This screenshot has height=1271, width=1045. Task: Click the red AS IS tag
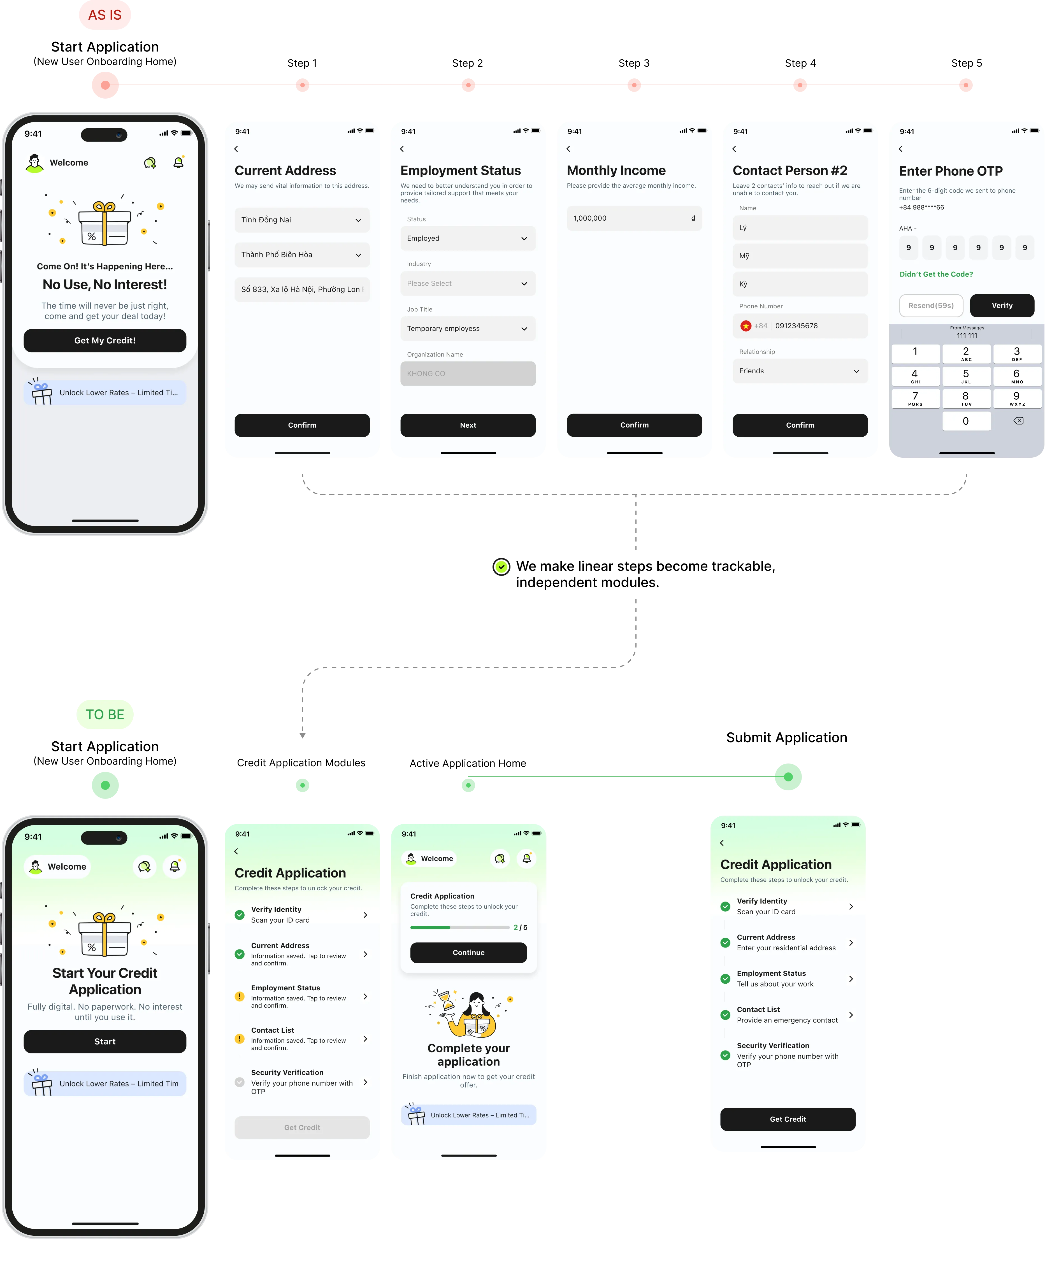(105, 15)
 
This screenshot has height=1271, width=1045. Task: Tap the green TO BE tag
(105, 714)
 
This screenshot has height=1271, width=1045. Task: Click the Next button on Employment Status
(468, 425)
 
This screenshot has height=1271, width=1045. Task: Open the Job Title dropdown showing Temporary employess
(468, 329)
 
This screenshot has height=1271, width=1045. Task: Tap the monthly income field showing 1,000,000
(634, 218)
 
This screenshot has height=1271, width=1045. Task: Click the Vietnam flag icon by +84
(746, 326)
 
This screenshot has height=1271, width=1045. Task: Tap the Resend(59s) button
(931, 306)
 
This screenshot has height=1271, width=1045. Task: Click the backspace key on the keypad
(1018, 421)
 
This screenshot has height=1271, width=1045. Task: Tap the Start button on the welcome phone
(105, 1041)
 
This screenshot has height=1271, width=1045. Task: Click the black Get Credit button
(787, 1119)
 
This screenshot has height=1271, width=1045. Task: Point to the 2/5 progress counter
(520, 927)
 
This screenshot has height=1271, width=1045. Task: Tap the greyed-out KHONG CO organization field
(468, 374)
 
